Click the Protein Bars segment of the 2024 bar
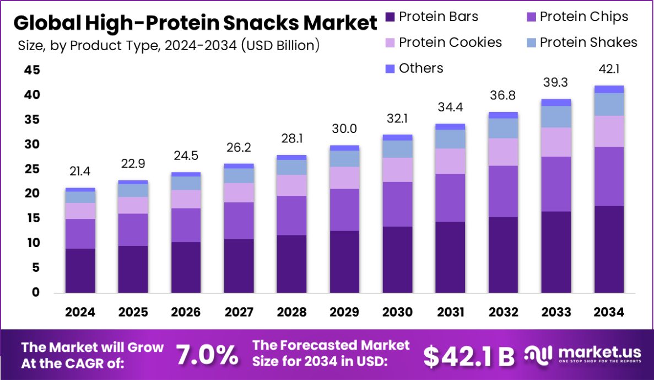pos(80,270)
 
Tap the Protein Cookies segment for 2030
pos(398,170)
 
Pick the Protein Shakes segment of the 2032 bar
pos(504,129)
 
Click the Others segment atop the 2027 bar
pos(239,166)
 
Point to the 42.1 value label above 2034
pos(609,69)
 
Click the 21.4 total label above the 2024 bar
pos(80,172)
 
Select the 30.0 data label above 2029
pos(345,129)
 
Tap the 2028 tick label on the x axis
pos(291,312)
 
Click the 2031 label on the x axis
pos(451,312)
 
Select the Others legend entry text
pos(421,68)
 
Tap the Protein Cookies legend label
pos(450,42)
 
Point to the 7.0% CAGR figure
pos(207,355)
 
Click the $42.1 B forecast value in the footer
pos(468,356)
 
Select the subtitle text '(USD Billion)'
pos(280,45)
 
